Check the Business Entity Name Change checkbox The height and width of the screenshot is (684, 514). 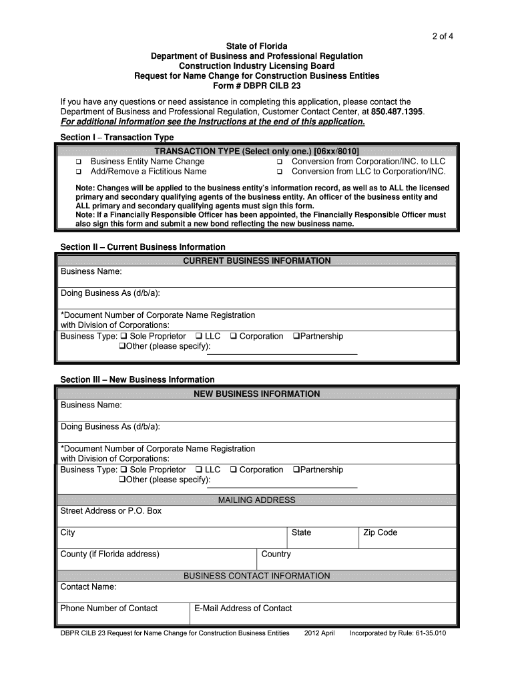pos(78,162)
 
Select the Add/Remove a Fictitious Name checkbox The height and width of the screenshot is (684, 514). pos(78,172)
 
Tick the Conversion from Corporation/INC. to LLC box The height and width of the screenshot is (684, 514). pos(280,162)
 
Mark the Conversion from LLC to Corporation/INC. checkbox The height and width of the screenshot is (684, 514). pos(280,172)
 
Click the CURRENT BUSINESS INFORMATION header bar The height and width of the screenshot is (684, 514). pos(256,261)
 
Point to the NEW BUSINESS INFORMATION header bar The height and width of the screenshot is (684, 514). pos(256,393)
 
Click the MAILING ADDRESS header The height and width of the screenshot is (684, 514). pos(256,500)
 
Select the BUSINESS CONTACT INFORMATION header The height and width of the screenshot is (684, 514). pos(256,576)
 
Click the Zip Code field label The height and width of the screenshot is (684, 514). pos(380,532)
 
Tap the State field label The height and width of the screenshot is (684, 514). pos(301,532)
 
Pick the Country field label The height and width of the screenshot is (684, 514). pos(276,554)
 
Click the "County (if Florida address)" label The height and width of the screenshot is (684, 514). pos(110,554)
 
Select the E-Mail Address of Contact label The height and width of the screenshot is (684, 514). pos(243,608)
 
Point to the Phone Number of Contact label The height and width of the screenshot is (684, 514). pos(109,608)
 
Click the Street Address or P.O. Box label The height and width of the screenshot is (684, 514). pos(111,511)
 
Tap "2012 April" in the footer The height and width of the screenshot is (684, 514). pos(319,633)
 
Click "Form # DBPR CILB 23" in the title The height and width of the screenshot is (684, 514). pos(256,86)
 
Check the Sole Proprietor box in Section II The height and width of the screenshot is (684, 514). pos(123,337)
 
